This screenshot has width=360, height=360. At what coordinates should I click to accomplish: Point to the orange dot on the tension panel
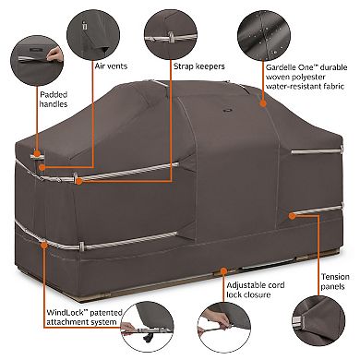click(x=291, y=214)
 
